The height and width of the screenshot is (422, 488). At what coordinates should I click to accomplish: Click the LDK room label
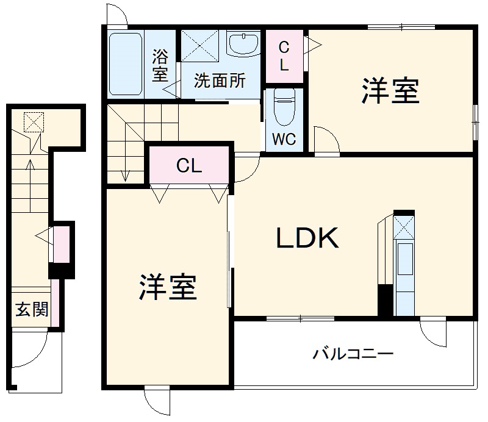[307, 238]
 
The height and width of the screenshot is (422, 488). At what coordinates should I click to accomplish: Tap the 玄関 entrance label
[31, 310]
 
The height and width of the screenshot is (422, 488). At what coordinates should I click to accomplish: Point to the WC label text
[284, 139]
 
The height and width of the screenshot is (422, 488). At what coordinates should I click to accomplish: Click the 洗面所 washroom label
[220, 80]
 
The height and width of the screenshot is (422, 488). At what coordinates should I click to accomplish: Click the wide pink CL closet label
[189, 166]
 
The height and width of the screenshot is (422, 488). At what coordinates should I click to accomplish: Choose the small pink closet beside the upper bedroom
[284, 56]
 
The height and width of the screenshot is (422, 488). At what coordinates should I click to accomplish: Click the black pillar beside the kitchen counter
[385, 299]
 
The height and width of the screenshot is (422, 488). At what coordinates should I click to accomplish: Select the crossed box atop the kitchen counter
[404, 227]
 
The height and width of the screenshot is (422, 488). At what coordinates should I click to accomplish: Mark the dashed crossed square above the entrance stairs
[34, 122]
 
